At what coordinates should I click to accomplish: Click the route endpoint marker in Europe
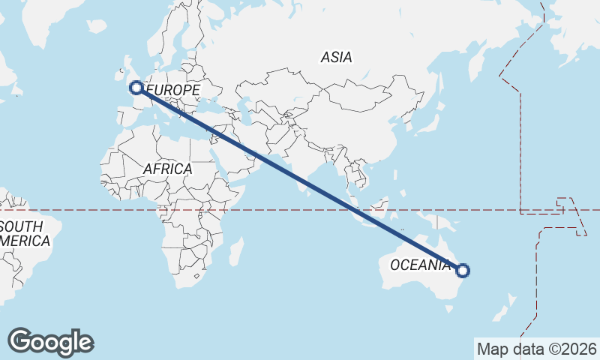[136, 88]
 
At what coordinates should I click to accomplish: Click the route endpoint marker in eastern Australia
[463, 271]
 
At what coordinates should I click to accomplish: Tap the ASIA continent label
[336, 57]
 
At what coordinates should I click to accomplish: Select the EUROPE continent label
[173, 91]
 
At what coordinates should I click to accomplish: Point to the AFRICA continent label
[167, 169]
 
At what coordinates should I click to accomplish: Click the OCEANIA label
[421, 265]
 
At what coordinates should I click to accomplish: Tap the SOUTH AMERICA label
[24, 234]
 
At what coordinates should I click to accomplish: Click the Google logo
[50, 342]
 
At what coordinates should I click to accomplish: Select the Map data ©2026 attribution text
[536, 349]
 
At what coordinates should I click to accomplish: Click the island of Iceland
[96, 26]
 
